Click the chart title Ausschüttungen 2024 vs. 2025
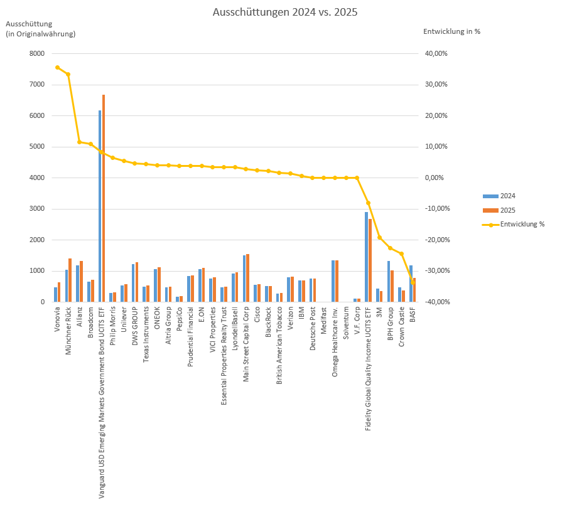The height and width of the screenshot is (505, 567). pos(284,13)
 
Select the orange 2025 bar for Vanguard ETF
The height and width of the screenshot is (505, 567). pos(104,201)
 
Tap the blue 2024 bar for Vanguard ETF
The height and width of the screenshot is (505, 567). pos(100,207)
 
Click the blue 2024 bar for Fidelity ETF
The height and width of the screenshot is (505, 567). pos(366,257)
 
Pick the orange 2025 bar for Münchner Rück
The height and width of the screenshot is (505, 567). pos(70,280)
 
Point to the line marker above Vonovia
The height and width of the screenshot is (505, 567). pos(57,67)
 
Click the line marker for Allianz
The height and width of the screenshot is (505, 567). pos(79,142)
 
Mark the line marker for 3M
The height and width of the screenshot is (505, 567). pos(379,237)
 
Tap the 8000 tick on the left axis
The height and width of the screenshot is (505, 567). pos(37,54)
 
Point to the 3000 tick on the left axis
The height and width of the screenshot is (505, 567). pos(37,209)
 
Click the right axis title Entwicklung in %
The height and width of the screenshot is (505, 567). pos(451,31)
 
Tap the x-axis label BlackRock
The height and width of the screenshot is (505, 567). pos(268,321)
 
